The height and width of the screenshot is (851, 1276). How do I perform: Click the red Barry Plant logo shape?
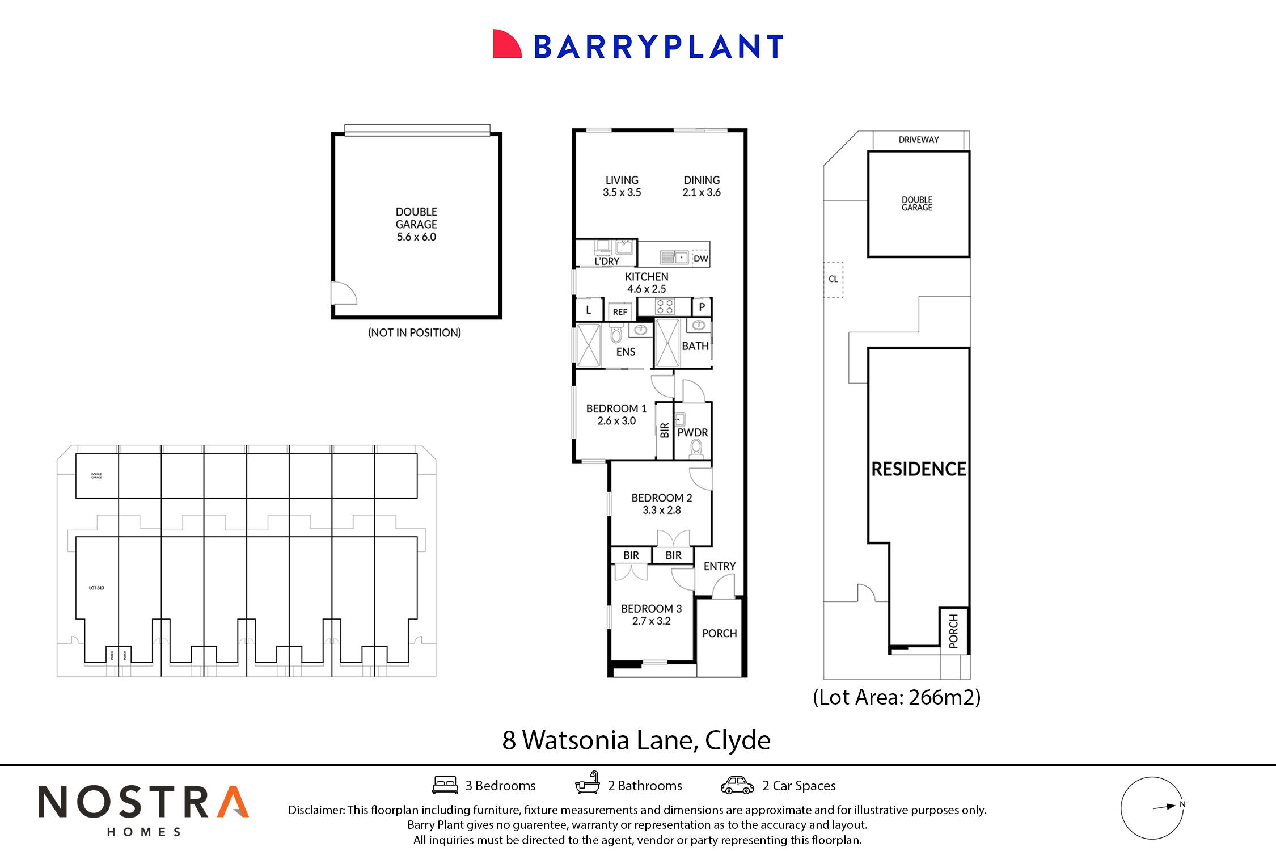click(506, 44)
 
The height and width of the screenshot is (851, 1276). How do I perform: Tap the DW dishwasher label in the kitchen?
click(701, 259)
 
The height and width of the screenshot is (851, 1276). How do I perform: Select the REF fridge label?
click(620, 312)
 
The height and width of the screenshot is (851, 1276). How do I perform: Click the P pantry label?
click(702, 307)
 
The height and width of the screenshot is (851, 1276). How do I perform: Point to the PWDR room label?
click(692, 432)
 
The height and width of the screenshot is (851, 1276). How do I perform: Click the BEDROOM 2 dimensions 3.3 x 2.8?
click(661, 510)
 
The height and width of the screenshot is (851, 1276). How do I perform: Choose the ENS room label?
click(626, 352)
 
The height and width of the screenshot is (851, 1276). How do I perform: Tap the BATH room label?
click(695, 346)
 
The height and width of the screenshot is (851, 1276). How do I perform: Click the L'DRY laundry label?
click(607, 262)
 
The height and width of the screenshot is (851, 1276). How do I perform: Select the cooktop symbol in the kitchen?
click(665, 307)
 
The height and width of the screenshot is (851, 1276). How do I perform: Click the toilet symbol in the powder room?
click(696, 448)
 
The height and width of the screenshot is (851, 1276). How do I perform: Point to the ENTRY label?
click(719, 566)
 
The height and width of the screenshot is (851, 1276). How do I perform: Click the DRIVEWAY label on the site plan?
click(918, 140)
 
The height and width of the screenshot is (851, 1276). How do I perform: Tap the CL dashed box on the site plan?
click(833, 279)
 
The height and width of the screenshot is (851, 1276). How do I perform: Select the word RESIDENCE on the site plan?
click(918, 469)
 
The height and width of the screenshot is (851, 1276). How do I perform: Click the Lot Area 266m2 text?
click(897, 697)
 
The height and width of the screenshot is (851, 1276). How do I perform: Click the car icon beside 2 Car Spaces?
click(737, 786)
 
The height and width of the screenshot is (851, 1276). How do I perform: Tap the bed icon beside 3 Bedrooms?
click(445, 785)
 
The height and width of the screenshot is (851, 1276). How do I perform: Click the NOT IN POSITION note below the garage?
click(415, 333)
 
